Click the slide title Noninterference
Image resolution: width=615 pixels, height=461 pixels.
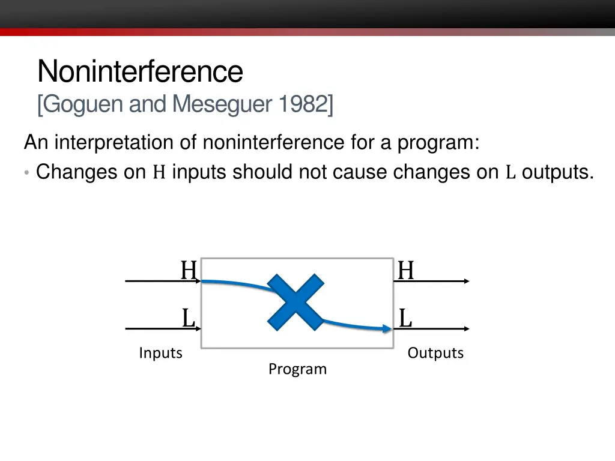pos(140,71)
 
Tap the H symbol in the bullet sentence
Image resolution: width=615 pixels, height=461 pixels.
pos(159,173)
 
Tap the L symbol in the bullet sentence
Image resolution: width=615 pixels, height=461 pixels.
pos(510,173)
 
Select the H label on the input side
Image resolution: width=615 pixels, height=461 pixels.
pos(189,271)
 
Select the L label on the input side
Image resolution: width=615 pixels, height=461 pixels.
pos(189,318)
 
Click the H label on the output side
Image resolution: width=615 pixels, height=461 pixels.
pos(406,271)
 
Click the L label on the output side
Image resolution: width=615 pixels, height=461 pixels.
pos(406,318)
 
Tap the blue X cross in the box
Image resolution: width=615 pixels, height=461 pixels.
pos(295,303)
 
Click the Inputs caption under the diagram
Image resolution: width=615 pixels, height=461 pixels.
pos(160,353)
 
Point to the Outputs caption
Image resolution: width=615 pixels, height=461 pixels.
pos(435,353)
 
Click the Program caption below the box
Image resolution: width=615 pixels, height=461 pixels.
pos(297,369)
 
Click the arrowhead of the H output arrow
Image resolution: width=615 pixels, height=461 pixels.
pos(466,281)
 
